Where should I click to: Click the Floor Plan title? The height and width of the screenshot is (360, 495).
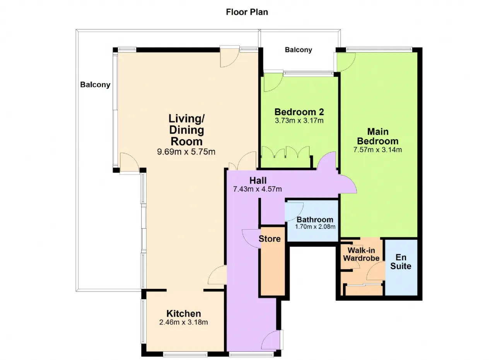point(247,12)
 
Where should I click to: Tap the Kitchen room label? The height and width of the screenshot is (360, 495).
point(184,314)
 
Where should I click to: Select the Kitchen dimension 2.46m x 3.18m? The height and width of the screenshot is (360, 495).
point(184,322)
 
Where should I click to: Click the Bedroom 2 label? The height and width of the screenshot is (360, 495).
point(299,112)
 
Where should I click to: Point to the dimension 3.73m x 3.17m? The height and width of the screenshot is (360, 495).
point(299,120)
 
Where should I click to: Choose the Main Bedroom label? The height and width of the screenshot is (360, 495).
point(378,136)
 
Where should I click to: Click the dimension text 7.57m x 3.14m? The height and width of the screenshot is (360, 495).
point(378,150)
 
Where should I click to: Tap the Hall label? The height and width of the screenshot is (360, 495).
point(258,180)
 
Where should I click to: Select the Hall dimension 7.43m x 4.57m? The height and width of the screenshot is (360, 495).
point(258,189)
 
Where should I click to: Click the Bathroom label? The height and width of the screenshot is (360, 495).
point(315,220)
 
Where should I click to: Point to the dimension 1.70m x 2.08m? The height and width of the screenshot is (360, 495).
point(315,227)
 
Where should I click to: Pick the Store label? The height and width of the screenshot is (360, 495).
point(270,239)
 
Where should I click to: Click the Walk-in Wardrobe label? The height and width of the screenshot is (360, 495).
point(361,254)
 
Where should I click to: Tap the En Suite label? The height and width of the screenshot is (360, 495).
point(401,262)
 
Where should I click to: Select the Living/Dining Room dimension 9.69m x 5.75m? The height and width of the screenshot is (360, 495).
point(186,152)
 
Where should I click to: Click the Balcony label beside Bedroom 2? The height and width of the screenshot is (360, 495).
point(298,50)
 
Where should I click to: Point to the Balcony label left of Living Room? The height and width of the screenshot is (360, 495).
point(95,85)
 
